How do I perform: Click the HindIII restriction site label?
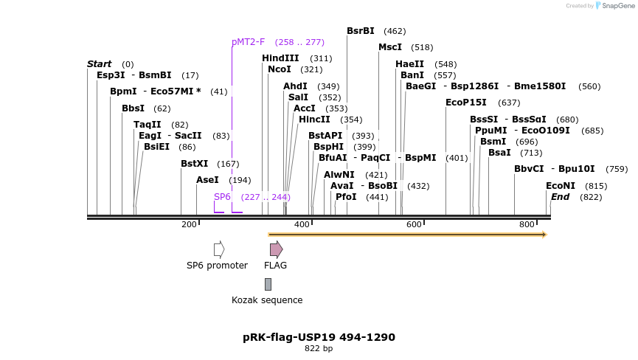tap(280, 58)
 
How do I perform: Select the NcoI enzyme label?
tap(280, 69)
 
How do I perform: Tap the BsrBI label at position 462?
tap(361, 31)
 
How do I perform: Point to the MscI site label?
tap(390, 47)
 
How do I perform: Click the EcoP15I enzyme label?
tap(466, 103)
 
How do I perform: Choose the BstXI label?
tap(195, 164)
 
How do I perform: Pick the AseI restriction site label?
tap(207, 180)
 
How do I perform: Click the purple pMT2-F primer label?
tap(248, 42)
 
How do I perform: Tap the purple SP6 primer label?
tap(222, 197)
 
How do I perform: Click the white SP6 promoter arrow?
tap(219, 249)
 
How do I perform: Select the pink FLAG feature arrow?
tap(276, 249)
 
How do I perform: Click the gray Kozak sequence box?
tap(268, 284)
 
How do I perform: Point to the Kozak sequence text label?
tap(267, 300)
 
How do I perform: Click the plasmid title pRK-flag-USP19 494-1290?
tap(319, 337)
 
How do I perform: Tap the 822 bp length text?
tap(319, 348)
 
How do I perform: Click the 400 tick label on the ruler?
tap(302, 224)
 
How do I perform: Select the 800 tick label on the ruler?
tap(527, 224)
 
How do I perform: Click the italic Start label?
tap(100, 64)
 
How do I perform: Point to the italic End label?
tap(561, 197)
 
